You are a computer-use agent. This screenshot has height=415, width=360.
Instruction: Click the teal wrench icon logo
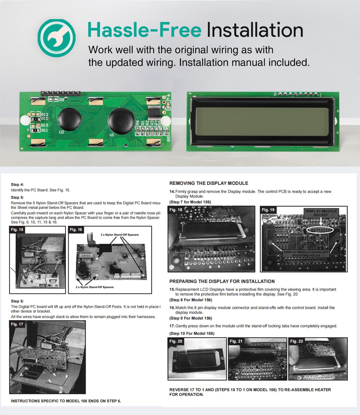point(56,38)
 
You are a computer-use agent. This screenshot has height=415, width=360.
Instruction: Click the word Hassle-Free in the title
point(144,30)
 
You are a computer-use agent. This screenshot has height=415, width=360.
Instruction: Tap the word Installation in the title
point(255,30)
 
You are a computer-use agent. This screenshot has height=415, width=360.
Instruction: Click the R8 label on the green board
point(61,100)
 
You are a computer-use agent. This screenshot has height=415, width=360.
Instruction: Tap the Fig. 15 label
point(17,230)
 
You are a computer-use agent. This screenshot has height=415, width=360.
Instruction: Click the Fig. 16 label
point(76,230)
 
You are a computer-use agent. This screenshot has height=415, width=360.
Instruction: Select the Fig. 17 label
point(17,324)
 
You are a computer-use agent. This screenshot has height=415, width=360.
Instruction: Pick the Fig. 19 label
point(268,210)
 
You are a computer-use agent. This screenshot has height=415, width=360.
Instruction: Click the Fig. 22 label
point(297,341)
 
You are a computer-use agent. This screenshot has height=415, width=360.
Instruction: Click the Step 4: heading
point(17,185)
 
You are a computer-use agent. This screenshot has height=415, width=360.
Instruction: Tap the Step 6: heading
point(17,301)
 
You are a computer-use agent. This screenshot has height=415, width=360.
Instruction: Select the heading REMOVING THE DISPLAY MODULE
point(209,183)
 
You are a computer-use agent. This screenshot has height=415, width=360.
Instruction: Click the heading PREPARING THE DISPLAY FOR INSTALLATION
point(222,281)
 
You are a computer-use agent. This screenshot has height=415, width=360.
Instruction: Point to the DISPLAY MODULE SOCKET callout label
point(321,213)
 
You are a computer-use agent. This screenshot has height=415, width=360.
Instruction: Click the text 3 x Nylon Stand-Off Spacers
point(120,235)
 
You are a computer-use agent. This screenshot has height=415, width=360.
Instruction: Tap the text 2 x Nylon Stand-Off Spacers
point(95,287)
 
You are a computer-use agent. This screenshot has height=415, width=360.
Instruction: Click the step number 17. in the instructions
point(172,326)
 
